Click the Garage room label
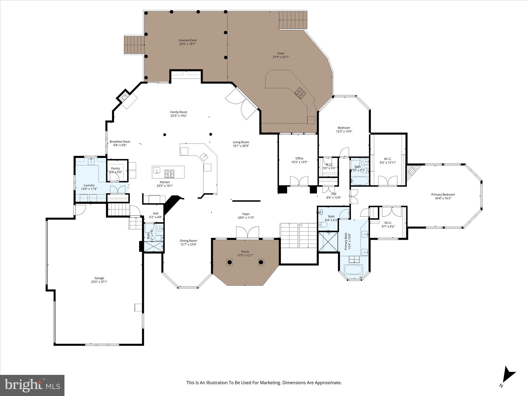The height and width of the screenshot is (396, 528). coord(99,278)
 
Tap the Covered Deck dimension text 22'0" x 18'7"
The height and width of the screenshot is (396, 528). coord(187,44)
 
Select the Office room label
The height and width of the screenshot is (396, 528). coord(299,158)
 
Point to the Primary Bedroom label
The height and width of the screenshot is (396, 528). coord(443,195)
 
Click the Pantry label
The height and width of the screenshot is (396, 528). coord(115,168)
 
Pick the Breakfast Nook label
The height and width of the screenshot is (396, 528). coord(120,142)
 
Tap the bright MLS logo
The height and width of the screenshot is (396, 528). coord(32,385)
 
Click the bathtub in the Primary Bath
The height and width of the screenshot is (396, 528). coord(353,270)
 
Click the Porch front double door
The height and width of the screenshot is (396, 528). coord(247,233)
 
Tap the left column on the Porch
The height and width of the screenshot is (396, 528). coord(230,262)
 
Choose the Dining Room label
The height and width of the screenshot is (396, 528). coord(188,241)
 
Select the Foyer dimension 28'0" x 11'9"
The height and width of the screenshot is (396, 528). coord(246,218)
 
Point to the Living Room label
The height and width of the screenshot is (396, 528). coord(241,142)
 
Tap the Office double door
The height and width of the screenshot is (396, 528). coord(299,181)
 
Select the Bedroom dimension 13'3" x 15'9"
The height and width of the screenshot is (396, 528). coord(344,131)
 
